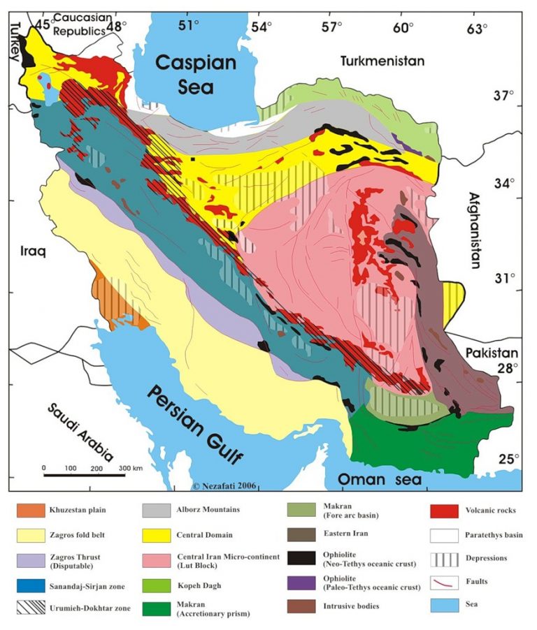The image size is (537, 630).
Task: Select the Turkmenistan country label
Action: [x=382, y=61]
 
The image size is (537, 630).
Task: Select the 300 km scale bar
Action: [x=84, y=475]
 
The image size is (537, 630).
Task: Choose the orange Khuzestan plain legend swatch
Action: [x=31, y=510]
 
